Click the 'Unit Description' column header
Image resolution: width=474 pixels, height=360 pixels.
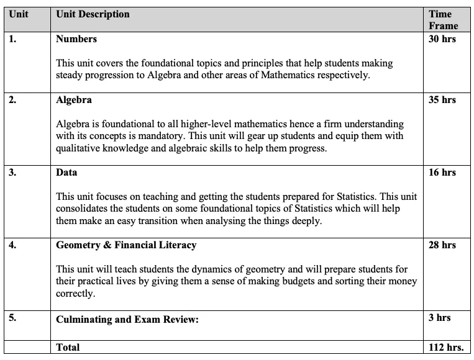(x=93, y=14)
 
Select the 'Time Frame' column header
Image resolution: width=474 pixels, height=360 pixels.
(x=443, y=20)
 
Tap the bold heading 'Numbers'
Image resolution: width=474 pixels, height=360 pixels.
(x=76, y=38)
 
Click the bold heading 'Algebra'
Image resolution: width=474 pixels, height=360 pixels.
(x=74, y=99)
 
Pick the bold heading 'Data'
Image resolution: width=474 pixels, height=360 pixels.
(x=66, y=172)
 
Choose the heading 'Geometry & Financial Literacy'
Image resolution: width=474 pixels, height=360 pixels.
(x=126, y=245)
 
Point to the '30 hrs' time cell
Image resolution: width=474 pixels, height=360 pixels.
(x=442, y=38)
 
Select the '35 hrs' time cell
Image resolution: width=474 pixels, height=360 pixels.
(x=442, y=99)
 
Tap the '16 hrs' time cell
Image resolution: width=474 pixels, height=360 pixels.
(x=442, y=172)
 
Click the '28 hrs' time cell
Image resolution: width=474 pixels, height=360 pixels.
(x=442, y=245)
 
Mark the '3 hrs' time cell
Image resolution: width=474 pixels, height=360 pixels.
(x=439, y=317)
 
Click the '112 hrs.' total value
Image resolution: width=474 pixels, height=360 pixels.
(x=446, y=347)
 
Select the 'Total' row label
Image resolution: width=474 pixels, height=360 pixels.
(x=68, y=347)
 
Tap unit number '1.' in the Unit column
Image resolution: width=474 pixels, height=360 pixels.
(x=12, y=38)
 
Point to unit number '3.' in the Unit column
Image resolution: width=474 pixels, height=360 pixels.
(x=12, y=172)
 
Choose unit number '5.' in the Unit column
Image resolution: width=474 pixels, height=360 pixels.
(x=12, y=317)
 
